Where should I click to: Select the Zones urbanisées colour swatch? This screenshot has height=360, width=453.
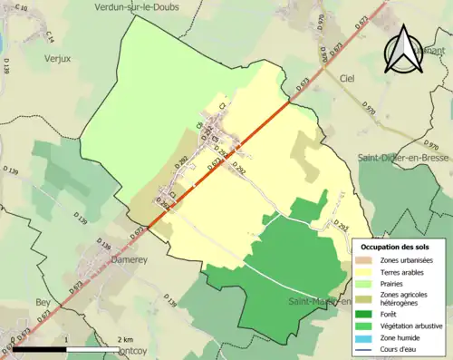[x=367, y=259]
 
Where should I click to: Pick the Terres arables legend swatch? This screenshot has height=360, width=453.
[x=367, y=270]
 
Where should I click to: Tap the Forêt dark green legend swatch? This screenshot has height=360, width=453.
[x=367, y=311]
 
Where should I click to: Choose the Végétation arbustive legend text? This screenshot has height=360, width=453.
[x=413, y=324]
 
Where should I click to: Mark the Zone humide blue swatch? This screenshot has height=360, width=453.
[x=367, y=336]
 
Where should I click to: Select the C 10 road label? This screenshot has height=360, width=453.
[x=22, y=9]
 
